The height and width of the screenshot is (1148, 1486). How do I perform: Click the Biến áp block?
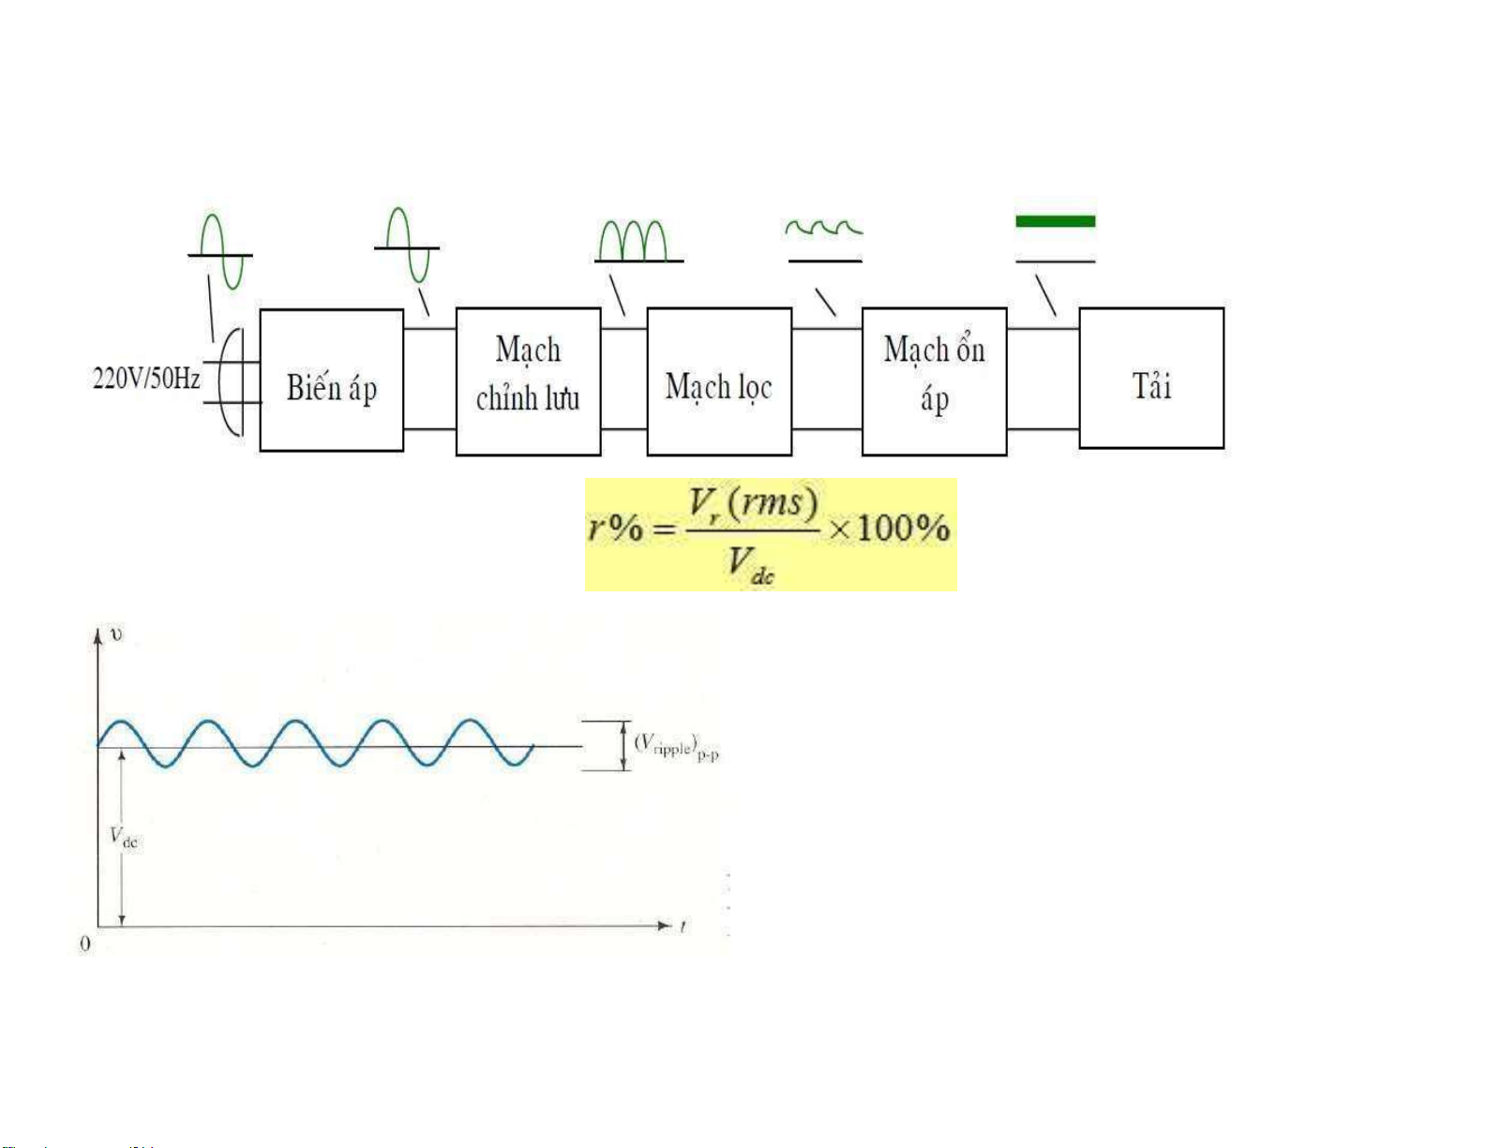tap(331, 380)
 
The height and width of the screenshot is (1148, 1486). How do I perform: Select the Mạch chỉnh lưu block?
tap(528, 381)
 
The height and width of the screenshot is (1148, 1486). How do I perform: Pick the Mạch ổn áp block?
tap(934, 381)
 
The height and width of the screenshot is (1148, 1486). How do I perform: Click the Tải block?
tap(1151, 379)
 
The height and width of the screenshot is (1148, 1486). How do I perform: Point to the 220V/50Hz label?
tap(146, 379)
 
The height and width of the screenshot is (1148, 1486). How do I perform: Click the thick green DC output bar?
tap(1055, 221)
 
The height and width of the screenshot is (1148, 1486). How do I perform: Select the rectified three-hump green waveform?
tap(634, 241)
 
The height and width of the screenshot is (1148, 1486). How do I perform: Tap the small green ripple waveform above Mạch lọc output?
tap(823, 228)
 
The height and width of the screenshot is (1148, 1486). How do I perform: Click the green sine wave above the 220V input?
tap(221, 251)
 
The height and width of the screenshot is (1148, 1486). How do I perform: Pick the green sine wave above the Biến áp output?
tap(407, 246)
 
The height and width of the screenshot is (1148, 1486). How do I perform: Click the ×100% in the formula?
tap(890, 529)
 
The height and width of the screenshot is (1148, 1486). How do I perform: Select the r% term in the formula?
tap(616, 529)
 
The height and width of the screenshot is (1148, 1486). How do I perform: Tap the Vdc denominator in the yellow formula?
tap(751, 564)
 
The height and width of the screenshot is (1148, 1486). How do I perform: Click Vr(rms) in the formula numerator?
tap(753, 504)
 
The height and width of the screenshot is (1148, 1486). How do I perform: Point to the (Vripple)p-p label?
tap(676, 747)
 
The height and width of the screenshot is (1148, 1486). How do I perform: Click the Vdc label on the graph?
tap(124, 837)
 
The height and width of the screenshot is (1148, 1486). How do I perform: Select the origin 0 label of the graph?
tap(85, 943)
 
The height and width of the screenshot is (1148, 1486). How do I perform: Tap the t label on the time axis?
tap(683, 927)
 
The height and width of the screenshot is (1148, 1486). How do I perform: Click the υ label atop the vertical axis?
tap(116, 634)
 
